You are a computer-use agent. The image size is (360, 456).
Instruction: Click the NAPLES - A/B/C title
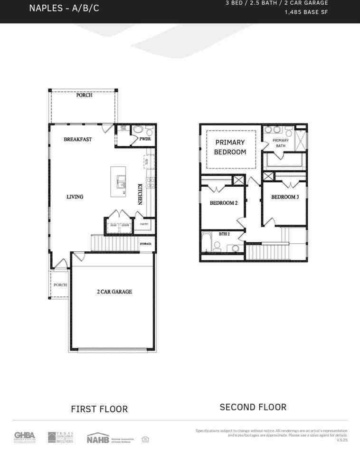pyautogui.click(x=64, y=9)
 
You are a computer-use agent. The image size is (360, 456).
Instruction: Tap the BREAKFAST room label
pyautogui.click(x=78, y=140)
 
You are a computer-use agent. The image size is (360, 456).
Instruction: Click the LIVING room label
pyautogui.click(x=75, y=197)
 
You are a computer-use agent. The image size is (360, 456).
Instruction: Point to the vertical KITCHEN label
pyautogui.click(x=141, y=194)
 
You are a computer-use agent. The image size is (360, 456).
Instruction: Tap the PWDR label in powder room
pyautogui.click(x=145, y=139)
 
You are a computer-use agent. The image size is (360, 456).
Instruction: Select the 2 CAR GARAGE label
pyautogui.click(x=114, y=292)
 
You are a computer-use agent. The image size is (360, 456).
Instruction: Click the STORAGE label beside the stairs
pyautogui.click(x=146, y=244)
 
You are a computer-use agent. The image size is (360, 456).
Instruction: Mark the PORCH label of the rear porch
pyautogui.click(x=84, y=95)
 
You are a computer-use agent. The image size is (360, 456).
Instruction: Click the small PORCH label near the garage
pyautogui.click(x=60, y=285)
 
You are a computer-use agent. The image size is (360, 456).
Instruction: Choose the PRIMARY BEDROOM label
pyautogui.click(x=230, y=147)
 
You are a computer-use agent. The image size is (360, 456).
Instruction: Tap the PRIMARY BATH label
pyautogui.click(x=280, y=143)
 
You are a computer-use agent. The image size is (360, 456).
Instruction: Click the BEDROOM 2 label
pyautogui.click(x=224, y=203)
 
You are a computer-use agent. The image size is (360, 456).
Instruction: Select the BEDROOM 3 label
pyautogui.click(x=285, y=197)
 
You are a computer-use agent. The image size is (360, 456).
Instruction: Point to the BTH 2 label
pyautogui.click(x=224, y=234)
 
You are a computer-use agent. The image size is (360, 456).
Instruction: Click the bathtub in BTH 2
pyautogui.click(x=206, y=242)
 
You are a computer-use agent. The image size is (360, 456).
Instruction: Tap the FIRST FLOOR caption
pyautogui.click(x=99, y=409)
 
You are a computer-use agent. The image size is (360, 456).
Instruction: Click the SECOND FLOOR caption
pyautogui.click(x=253, y=407)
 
